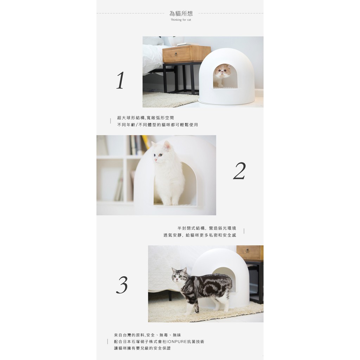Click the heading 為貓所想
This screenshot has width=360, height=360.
point(181,14)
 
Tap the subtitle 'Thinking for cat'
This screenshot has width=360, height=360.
point(181,20)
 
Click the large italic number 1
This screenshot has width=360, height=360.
point(120,80)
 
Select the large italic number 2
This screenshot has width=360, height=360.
point(239,171)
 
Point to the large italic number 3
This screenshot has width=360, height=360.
point(122,285)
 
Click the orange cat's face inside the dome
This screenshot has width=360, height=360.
point(222,71)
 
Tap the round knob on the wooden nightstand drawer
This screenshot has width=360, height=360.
point(176,54)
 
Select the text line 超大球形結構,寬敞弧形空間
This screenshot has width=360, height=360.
point(146,118)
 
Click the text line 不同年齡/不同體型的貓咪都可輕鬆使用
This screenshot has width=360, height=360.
point(157,125)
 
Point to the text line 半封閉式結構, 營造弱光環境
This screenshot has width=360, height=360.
point(207,228)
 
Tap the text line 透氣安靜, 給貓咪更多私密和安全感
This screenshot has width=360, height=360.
point(200,235)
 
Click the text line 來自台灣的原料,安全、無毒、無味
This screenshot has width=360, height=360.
point(148,335)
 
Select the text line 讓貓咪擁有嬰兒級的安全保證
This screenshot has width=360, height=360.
point(142,348)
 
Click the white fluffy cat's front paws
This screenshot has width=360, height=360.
point(171,203)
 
